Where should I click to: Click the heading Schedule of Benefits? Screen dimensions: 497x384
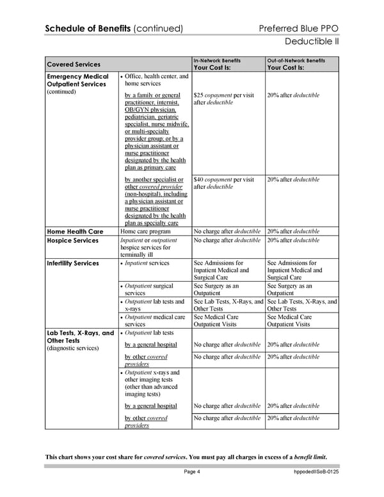[86, 28]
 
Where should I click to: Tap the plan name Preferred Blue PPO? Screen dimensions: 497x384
[299, 28]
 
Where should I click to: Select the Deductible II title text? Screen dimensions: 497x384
[311, 42]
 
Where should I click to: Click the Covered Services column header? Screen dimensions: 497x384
[74, 64]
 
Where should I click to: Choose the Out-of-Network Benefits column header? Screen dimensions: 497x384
[296, 60]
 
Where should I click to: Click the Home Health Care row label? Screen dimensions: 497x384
[75, 231]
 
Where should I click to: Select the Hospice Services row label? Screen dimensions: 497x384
[73, 241]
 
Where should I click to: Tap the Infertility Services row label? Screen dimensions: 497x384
[73, 263]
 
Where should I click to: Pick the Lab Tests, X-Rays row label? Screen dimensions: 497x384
[80, 333]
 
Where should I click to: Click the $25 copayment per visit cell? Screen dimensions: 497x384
[223, 95]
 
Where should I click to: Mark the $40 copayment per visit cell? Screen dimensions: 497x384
[223, 180]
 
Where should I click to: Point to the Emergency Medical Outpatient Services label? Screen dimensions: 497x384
[77, 81]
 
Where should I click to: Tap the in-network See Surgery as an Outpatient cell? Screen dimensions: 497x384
[216, 289]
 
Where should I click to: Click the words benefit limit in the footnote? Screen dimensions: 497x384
[310, 456]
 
